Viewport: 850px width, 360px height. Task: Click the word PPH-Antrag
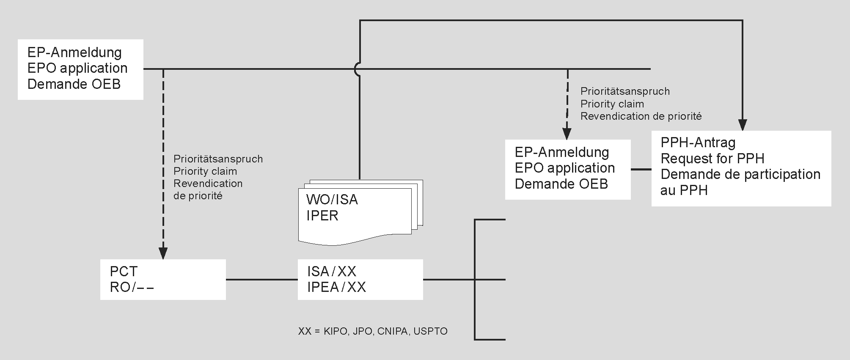[698, 143]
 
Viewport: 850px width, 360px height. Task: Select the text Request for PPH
[712, 159]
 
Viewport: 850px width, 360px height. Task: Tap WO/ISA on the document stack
[332, 200]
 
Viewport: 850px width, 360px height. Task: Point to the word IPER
[322, 216]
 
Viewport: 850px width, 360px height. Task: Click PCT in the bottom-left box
[124, 271]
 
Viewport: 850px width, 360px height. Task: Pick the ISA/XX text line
[332, 271]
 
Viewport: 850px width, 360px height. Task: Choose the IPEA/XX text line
[336, 287]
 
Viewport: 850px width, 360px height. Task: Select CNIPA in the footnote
[393, 331]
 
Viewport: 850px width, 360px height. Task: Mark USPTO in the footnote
[430, 331]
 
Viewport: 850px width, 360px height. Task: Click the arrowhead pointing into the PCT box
[163, 253]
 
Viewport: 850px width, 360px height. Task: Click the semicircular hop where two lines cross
[358, 69]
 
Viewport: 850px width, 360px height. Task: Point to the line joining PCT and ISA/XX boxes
[261, 280]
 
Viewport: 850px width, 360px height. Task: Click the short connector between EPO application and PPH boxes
[641, 169]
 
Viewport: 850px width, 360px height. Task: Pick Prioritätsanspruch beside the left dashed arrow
[218, 159]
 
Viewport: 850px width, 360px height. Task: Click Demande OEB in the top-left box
[74, 84]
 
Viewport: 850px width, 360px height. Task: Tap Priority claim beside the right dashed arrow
[612, 104]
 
